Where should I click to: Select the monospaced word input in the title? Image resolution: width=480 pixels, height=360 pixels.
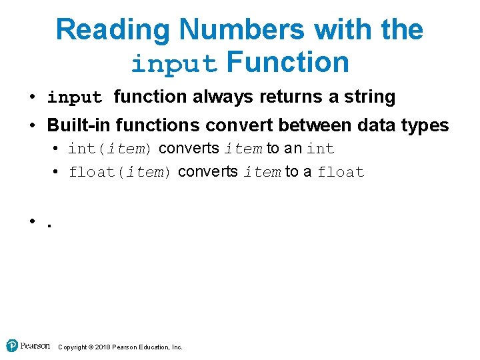[x=175, y=63]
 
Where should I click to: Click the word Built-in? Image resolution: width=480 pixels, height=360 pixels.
[x=74, y=125]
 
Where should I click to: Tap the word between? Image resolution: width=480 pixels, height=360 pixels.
[x=323, y=125]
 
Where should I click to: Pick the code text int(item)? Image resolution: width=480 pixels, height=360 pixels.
[x=111, y=149]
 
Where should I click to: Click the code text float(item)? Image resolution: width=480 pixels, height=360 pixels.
[x=121, y=172]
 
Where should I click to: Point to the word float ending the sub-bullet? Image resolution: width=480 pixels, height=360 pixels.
[x=341, y=172]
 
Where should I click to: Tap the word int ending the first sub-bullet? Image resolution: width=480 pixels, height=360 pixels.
[x=321, y=149]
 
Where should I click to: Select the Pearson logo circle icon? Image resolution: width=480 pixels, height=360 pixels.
[x=12, y=345]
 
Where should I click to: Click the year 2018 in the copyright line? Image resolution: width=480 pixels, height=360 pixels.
[x=102, y=347]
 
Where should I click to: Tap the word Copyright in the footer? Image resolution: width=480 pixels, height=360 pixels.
[x=73, y=347]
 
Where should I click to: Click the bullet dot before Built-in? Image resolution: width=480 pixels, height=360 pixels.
[x=33, y=125]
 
